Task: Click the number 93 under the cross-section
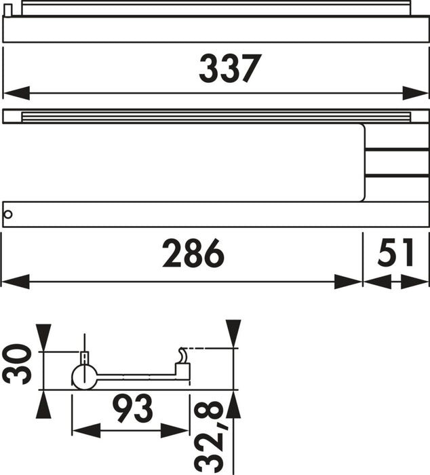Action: pos(130,408)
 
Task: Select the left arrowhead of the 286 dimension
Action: pos(16,281)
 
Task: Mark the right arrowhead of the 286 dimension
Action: pos(347,281)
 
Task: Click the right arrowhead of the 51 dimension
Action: pos(415,281)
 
